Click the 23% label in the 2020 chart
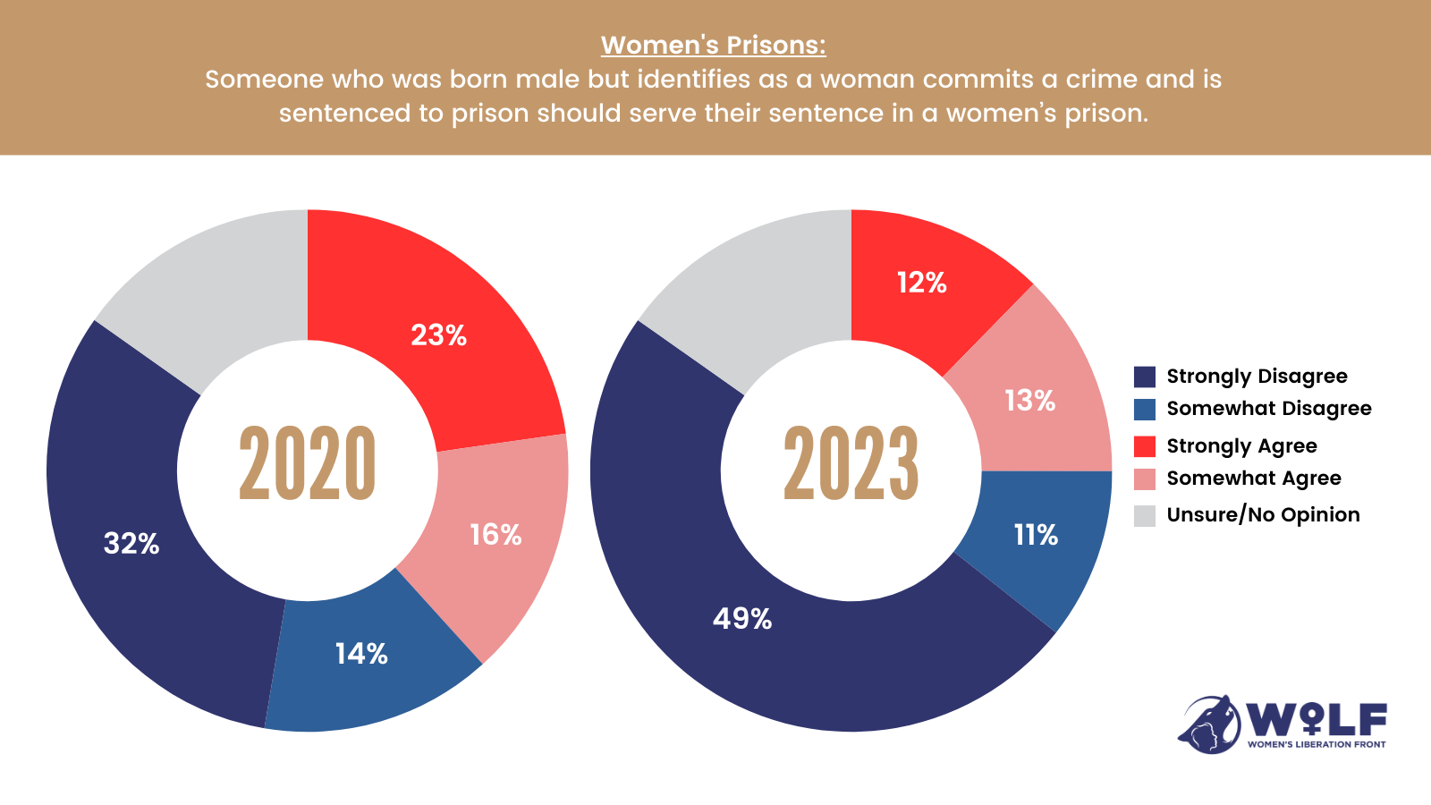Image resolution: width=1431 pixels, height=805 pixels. point(438,335)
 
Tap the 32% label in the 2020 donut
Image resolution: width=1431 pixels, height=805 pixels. point(131,543)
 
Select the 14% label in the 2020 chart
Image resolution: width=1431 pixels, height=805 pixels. point(361,654)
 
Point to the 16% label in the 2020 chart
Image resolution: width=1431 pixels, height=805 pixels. point(495,535)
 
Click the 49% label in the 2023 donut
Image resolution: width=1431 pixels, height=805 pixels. point(742,618)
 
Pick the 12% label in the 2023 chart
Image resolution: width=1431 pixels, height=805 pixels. point(921,283)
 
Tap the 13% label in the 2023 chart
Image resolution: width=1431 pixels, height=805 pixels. point(1029,401)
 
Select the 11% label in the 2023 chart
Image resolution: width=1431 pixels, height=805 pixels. point(1036,535)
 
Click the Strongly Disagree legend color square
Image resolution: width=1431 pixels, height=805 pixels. point(1145,377)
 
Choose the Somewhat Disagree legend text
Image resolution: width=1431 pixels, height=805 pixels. point(1268,409)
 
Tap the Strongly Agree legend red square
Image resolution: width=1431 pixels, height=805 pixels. point(1145,446)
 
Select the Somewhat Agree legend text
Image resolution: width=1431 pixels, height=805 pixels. point(1254,479)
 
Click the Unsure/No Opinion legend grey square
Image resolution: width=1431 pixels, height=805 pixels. point(1145,515)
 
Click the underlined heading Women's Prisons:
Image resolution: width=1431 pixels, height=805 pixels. point(714,45)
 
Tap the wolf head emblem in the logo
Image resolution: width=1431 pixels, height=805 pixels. point(1209,724)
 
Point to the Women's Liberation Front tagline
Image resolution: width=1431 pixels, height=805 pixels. point(1317,744)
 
